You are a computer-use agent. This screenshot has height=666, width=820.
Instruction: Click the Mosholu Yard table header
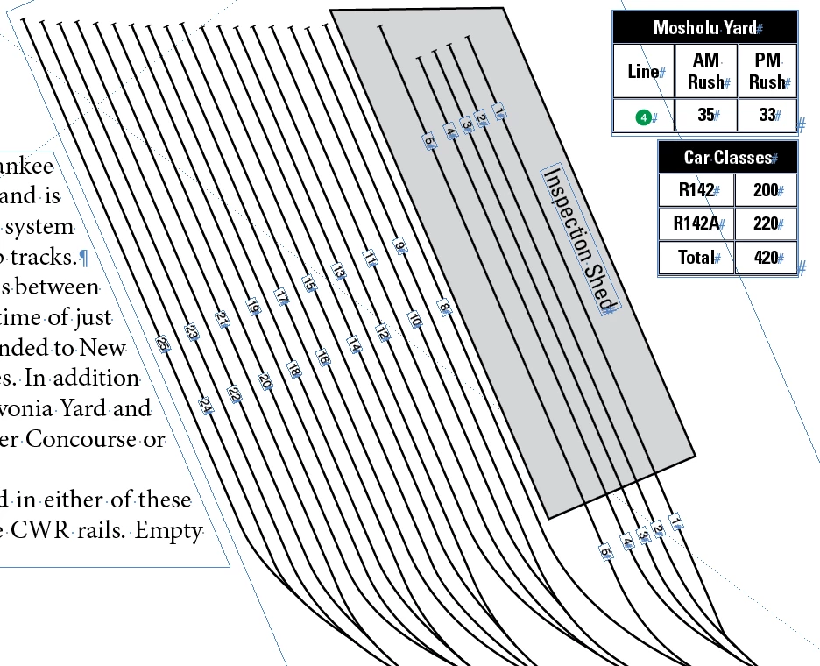tap(705, 28)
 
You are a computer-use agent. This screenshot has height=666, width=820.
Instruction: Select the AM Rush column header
tap(705, 71)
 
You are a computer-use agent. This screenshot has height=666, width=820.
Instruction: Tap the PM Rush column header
tap(767, 71)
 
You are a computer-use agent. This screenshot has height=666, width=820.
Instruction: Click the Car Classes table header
tap(728, 158)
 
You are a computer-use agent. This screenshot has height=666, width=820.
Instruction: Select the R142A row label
tap(696, 223)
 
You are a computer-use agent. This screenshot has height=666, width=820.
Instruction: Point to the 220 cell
tap(766, 223)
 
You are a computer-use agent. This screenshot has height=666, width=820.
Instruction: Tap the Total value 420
tap(766, 258)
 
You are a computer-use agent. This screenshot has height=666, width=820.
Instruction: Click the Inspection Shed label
tap(579, 237)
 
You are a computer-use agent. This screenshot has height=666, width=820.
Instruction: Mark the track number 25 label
tap(163, 344)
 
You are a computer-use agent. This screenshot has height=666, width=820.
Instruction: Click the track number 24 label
tap(206, 406)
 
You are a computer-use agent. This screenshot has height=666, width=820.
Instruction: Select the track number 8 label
tap(444, 308)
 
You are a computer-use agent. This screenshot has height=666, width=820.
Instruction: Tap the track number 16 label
tap(322, 358)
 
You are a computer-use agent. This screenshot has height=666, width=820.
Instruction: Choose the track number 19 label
tap(252, 307)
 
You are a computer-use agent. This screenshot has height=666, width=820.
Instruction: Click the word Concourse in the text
tap(81, 439)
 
